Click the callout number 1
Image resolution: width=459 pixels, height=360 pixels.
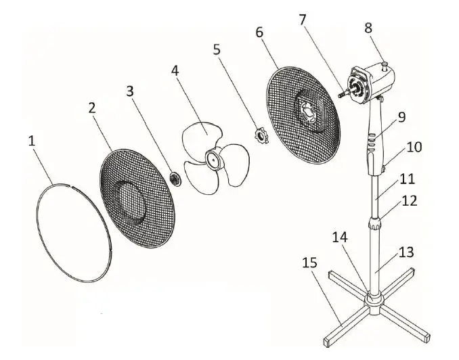(31, 141)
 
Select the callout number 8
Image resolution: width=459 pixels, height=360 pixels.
(368, 28)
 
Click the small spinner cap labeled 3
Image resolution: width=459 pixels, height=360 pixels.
(175, 178)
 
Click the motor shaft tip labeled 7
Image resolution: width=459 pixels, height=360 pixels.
(338, 93)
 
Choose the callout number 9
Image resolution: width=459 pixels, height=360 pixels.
(401, 116)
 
